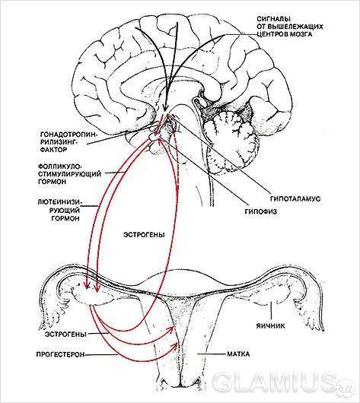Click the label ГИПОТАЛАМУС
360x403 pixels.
tap(295, 198)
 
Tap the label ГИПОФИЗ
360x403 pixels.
tap(260, 211)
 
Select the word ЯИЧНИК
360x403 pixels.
tap(270, 326)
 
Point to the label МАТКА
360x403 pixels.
tap(238, 354)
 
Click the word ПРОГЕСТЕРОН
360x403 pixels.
tap(60, 354)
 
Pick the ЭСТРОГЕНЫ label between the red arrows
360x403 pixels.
tap(144, 235)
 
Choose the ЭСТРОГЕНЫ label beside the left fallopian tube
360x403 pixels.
tap(65, 334)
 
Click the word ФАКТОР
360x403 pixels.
tap(54, 150)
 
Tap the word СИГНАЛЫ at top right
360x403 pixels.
tap(273, 19)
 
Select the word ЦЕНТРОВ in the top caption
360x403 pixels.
tap(272, 34)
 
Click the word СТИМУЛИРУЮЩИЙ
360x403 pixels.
tap(69, 174)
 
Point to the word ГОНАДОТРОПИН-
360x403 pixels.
tap(68, 135)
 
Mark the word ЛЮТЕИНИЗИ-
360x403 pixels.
tap(59, 202)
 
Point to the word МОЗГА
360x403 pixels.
tap(301, 34)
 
